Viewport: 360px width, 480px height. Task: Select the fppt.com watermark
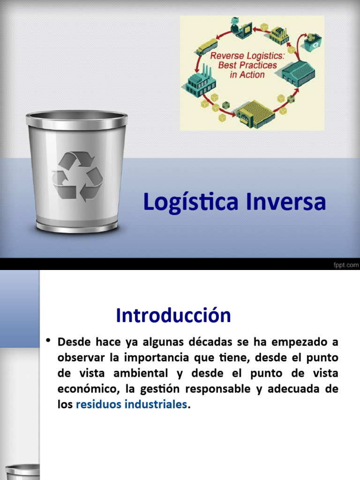coord(345,265)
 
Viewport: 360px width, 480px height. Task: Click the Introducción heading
coord(173,315)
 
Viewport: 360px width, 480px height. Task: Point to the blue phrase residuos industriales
coord(131,405)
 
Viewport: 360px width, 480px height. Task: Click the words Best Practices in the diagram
coord(247,65)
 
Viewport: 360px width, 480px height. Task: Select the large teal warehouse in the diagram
coord(299,73)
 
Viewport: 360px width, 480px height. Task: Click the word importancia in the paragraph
coord(149,357)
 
